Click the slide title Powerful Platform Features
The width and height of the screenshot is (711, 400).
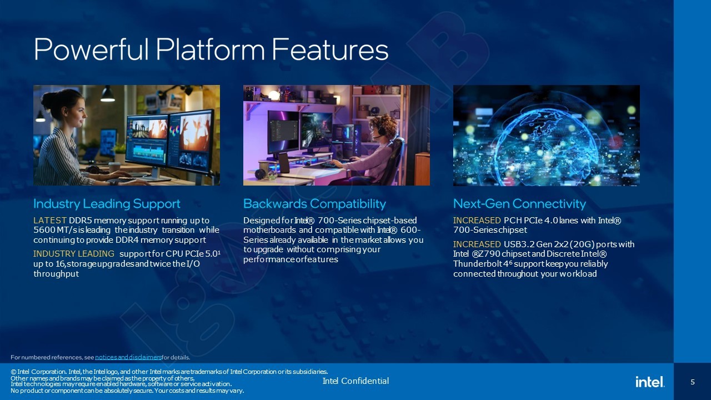(x=211, y=49)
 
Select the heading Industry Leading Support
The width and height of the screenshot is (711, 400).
(x=107, y=204)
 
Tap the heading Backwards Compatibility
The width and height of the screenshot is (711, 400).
(x=314, y=204)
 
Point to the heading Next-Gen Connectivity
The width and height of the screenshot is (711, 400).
(x=519, y=204)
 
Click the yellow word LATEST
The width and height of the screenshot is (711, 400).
(x=50, y=221)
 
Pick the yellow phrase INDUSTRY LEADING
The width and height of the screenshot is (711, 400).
(x=74, y=254)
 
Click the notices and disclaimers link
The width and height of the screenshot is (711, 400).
(x=128, y=357)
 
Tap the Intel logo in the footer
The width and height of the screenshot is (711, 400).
(x=650, y=381)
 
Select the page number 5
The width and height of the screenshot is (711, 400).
(x=693, y=382)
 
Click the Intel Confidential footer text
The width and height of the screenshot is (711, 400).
(x=355, y=381)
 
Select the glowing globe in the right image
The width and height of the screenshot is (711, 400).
(x=546, y=139)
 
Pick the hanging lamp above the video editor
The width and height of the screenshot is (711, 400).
(x=108, y=94)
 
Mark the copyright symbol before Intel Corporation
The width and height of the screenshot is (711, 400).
(x=13, y=372)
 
